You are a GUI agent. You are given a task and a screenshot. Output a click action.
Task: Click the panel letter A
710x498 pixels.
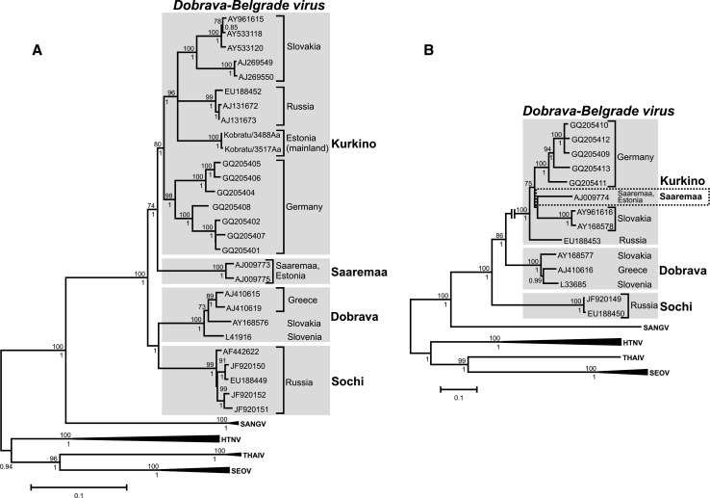pyautogui.click(x=38, y=51)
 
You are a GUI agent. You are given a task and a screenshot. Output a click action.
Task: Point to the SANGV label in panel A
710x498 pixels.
pyautogui.click(x=342, y=421)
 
